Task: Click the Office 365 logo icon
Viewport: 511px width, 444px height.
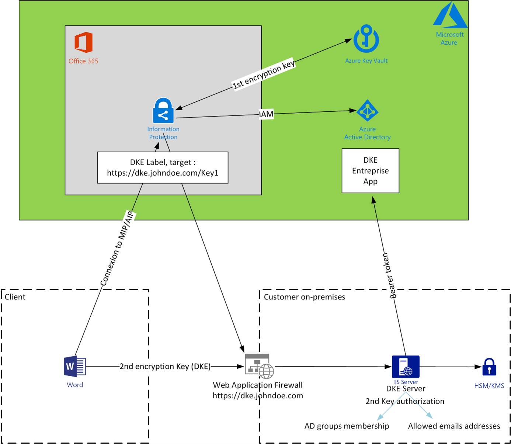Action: coord(83,42)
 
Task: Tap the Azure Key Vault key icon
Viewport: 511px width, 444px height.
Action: coord(366,39)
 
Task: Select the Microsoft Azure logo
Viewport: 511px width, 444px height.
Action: coord(450,15)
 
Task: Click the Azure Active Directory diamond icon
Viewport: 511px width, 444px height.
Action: coord(367,111)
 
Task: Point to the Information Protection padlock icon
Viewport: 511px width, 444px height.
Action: coord(163,111)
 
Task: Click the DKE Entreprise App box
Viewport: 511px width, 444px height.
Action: coord(370,171)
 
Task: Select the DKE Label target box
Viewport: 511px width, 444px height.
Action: coord(163,167)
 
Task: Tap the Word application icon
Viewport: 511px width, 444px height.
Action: coord(75,367)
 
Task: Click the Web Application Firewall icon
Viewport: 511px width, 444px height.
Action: coord(259,366)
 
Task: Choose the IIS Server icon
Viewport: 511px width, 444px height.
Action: coord(406,367)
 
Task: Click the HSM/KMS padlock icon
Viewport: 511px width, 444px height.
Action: coord(489,367)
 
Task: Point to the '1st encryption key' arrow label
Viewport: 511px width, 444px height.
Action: coord(264,74)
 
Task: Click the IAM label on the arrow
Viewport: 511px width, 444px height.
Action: coord(266,114)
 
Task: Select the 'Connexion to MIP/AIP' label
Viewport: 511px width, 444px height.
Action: coord(117,249)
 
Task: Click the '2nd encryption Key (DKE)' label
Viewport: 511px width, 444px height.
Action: coord(165,366)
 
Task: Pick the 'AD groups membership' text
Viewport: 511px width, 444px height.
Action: coord(347,426)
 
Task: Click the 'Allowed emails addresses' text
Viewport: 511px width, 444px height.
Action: coord(454,426)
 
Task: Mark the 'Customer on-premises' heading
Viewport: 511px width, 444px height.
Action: coord(305,297)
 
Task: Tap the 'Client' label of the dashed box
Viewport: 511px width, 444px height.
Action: coord(15,297)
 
